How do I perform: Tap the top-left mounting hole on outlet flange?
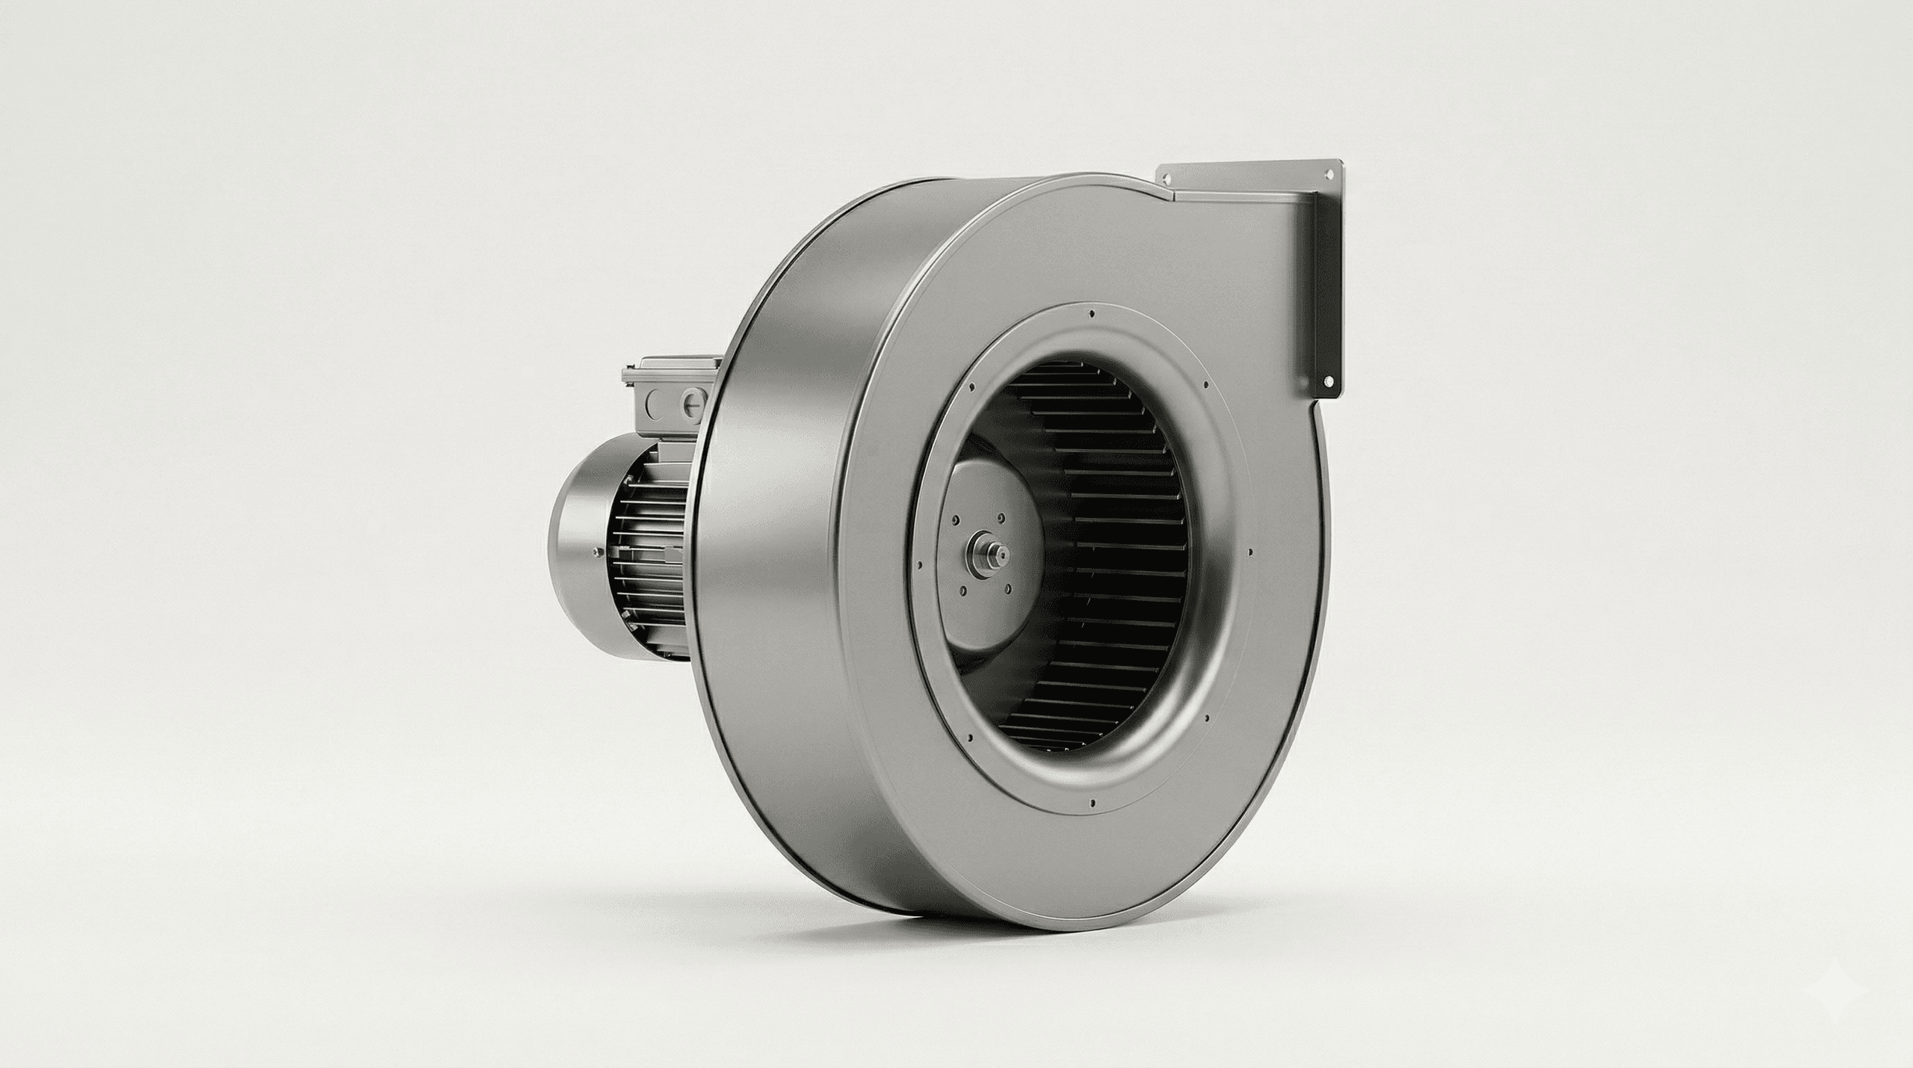tap(1165, 178)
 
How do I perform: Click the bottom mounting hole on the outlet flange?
tap(1328, 380)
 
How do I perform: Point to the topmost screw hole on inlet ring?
tap(1093, 315)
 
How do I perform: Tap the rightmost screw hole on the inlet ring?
tap(1249, 552)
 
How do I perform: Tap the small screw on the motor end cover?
tap(595, 552)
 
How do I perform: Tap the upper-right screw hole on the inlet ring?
tap(1205, 385)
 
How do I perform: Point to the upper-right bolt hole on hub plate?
tap(999, 514)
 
